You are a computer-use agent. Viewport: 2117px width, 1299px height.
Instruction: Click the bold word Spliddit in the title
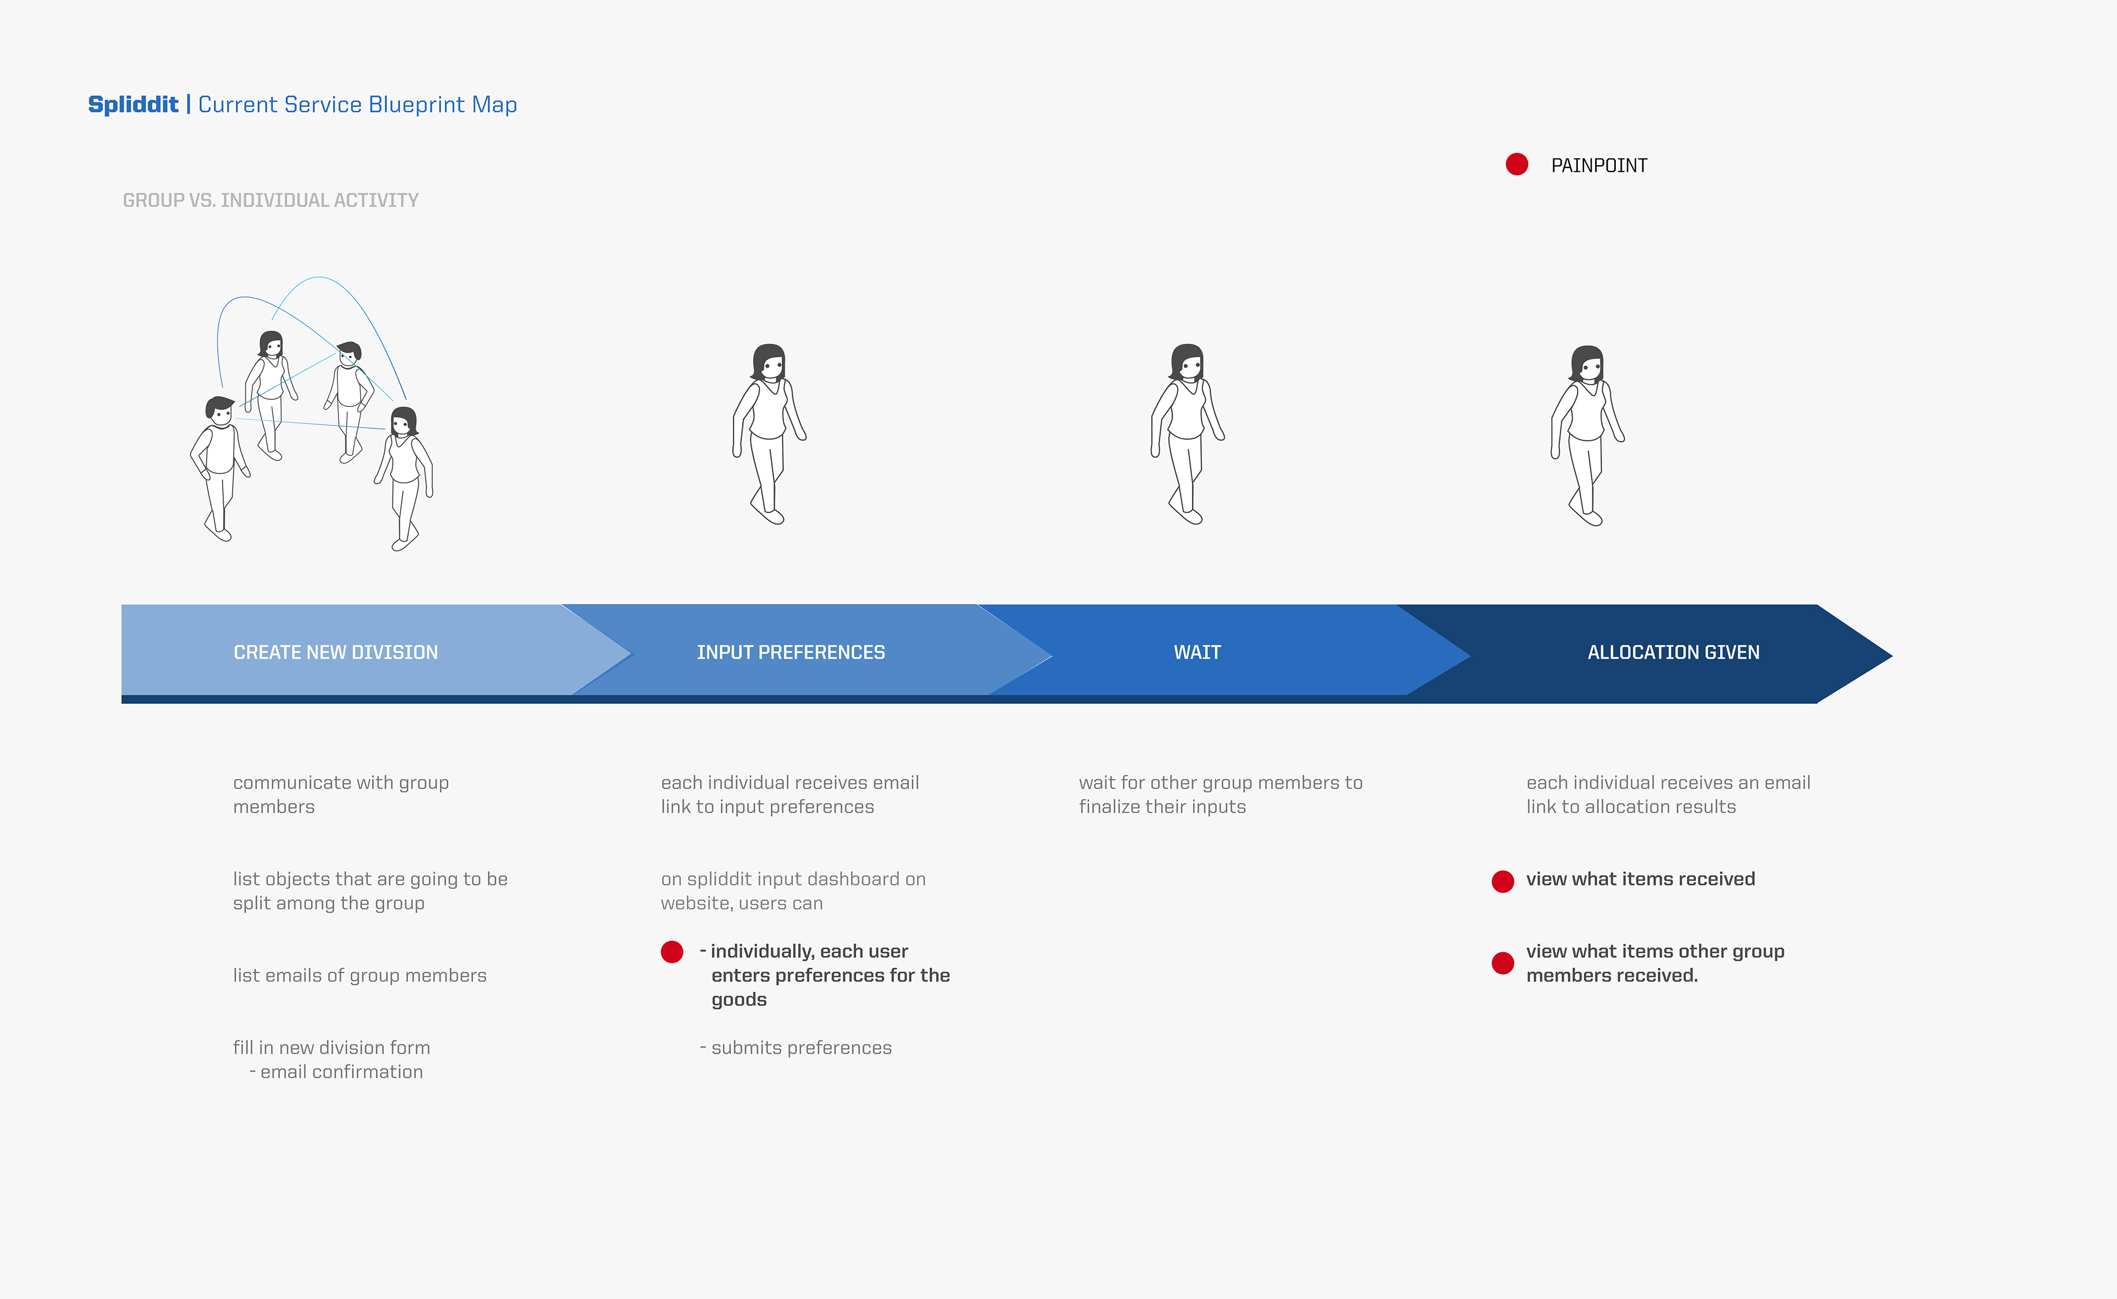(x=133, y=105)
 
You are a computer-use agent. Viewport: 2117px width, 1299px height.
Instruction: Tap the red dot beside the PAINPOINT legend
(x=1517, y=164)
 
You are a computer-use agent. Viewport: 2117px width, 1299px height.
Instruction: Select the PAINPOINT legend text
(x=1599, y=166)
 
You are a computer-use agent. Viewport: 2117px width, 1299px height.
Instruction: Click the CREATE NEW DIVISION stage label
(x=336, y=653)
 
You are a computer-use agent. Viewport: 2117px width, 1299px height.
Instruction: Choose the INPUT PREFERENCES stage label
(x=791, y=653)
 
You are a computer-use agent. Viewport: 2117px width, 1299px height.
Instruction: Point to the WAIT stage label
(x=1197, y=653)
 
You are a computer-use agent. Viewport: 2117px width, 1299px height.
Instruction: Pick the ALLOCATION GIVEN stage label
(x=1673, y=653)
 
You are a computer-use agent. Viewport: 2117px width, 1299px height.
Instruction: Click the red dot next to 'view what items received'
(x=1503, y=881)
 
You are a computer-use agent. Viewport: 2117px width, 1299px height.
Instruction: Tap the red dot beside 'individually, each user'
(x=672, y=952)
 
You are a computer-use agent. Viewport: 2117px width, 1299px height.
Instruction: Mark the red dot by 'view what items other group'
(x=1503, y=963)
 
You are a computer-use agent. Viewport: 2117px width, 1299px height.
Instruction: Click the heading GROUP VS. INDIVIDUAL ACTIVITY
(x=271, y=200)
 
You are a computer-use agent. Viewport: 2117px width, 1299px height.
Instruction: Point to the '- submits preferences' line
(x=796, y=1048)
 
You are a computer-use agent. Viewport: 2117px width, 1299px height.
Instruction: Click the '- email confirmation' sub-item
(x=336, y=1072)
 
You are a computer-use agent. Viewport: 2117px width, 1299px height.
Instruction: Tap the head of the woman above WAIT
(x=1188, y=363)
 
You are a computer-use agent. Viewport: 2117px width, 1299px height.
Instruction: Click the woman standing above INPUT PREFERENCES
(x=769, y=434)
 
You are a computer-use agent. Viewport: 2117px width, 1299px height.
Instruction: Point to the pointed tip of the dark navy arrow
(x=1892, y=655)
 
